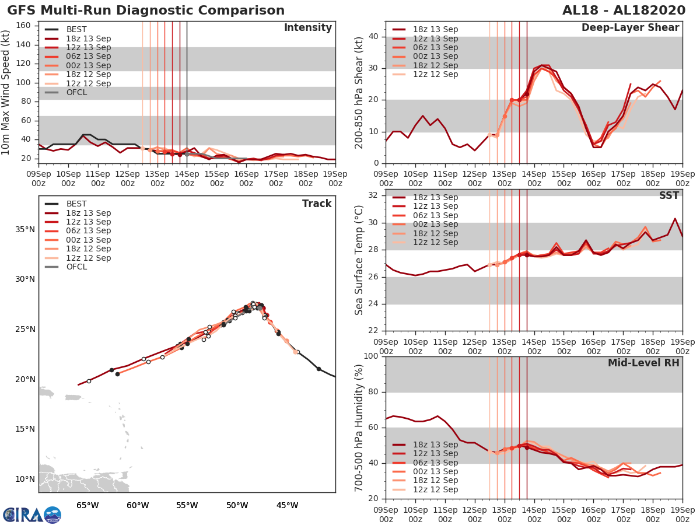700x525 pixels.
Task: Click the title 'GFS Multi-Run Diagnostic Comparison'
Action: tap(146, 10)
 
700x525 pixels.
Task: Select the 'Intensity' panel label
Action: tap(307, 28)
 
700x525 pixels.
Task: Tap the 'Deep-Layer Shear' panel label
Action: tap(630, 28)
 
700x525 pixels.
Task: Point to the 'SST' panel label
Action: tap(668, 195)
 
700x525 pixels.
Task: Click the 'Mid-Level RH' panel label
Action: tap(643, 363)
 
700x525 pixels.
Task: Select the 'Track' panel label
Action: tap(317, 204)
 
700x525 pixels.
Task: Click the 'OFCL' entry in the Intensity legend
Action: tap(76, 92)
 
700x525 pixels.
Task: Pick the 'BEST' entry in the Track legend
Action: tap(76, 204)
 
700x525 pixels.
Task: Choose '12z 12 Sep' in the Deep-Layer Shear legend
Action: tap(435, 74)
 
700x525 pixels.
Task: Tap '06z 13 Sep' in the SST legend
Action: tap(435, 215)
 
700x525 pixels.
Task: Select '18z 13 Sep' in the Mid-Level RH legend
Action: tap(435, 444)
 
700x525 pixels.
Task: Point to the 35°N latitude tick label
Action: tap(25, 229)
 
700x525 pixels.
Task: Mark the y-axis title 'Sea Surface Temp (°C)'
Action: tap(359, 260)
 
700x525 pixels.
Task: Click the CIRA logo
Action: tap(32, 515)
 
